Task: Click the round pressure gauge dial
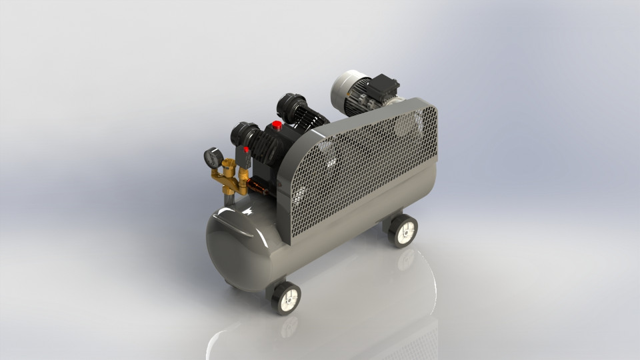pos(213,158)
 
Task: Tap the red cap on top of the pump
pos(277,125)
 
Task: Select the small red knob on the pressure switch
pos(247,150)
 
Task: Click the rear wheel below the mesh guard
pos(403,230)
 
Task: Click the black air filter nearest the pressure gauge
pos(240,133)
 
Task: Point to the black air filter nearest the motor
pos(289,105)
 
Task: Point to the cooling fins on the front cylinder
pos(263,144)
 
